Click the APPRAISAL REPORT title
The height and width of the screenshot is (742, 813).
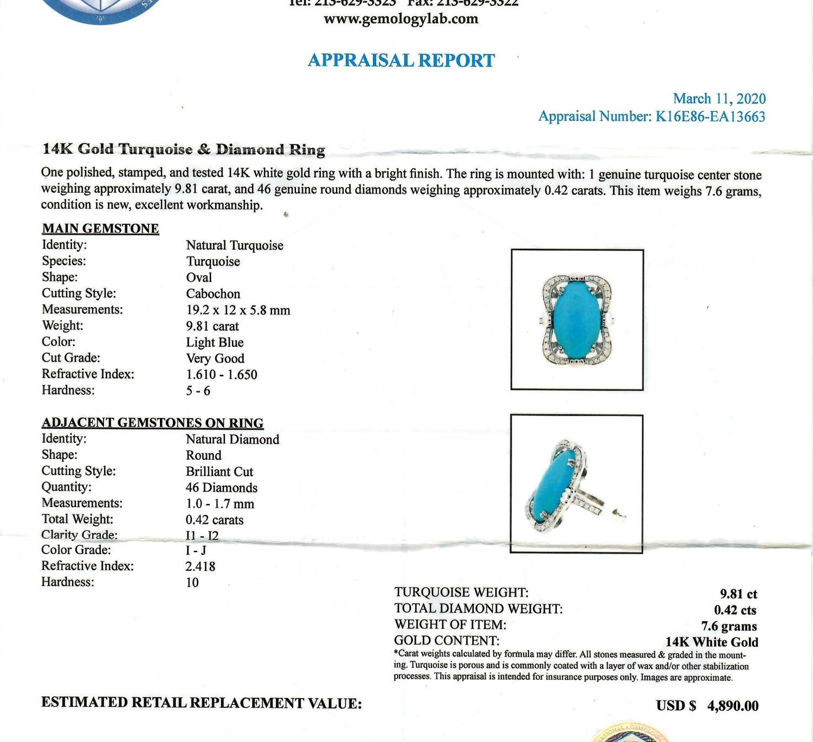[x=401, y=60]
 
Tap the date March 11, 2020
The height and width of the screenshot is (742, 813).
[x=719, y=99]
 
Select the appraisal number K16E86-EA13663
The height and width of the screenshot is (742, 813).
[x=710, y=116]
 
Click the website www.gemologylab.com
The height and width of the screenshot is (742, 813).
[x=401, y=19]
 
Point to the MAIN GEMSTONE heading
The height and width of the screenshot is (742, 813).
[x=100, y=229]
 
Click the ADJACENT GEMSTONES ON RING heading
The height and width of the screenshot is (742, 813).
[x=152, y=422]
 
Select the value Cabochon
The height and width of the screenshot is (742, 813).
[x=213, y=294]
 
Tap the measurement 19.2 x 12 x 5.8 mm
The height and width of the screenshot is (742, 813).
[x=238, y=310]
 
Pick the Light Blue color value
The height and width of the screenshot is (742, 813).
[x=215, y=342]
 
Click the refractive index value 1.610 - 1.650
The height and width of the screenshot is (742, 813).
[x=221, y=374]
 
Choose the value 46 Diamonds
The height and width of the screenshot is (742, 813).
[x=221, y=487]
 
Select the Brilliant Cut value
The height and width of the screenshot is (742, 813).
[x=219, y=471]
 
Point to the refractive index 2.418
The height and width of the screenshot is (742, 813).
[x=200, y=567]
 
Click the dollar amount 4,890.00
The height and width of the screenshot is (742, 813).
[x=732, y=706]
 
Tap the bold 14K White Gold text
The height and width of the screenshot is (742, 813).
[x=711, y=642]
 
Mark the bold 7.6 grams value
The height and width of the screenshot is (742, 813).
[x=728, y=626]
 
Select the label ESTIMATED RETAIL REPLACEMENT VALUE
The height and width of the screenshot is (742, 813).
[x=201, y=703]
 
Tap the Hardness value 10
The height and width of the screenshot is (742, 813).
[x=192, y=583]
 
